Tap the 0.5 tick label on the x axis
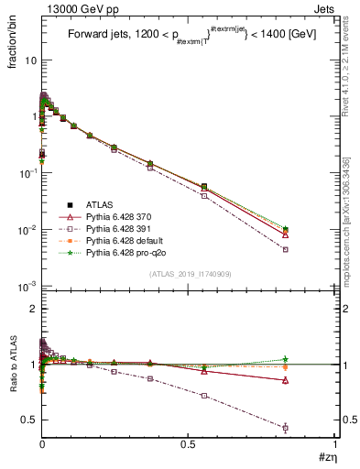pos(188,444)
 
